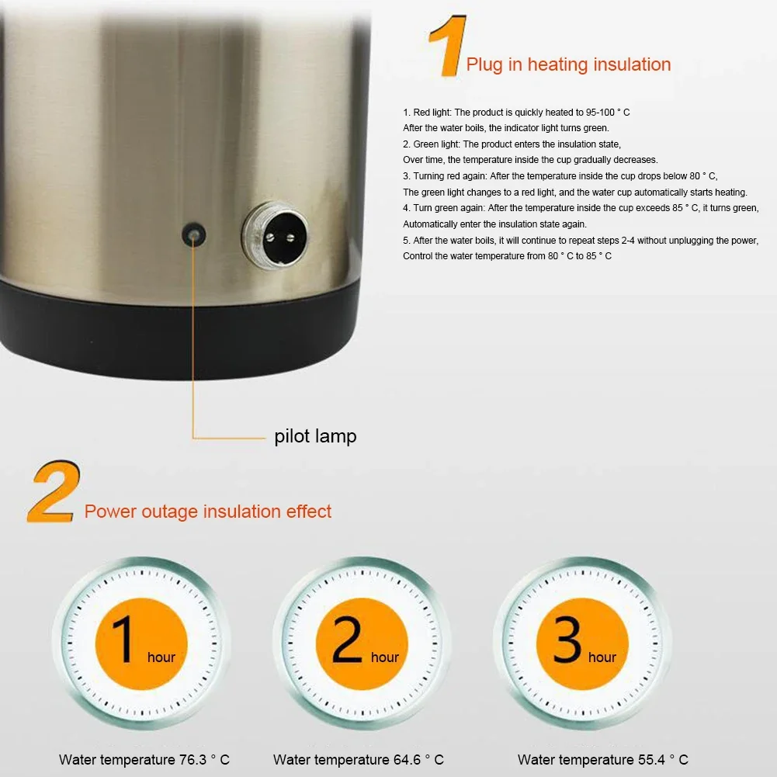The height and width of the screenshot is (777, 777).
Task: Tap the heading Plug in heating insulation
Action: click(x=568, y=64)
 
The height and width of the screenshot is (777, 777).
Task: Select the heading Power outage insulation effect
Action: click(x=208, y=512)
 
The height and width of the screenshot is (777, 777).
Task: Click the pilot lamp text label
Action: click(x=315, y=436)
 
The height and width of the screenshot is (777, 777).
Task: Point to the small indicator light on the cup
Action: click(x=193, y=232)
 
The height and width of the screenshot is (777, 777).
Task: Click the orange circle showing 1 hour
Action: click(x=141, y=643)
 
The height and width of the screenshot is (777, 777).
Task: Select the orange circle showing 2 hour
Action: click(x=362, y=643)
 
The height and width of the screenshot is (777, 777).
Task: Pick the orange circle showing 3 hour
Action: click(x=582, y=643)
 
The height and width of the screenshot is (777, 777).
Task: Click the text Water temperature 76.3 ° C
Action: click(x=144, y=760)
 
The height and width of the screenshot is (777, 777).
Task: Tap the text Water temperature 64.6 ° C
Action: click(x=359, y=760)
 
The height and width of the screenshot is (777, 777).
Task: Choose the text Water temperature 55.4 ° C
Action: click(x=603, y=760)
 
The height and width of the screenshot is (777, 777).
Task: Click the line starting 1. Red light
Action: click(x=516, y=113)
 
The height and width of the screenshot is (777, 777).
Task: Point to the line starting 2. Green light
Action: click(x=512, y=144)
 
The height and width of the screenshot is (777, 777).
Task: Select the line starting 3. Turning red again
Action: click(x=560, y=176)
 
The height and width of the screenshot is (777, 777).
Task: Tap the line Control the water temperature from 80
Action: click(x=507, y=256)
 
